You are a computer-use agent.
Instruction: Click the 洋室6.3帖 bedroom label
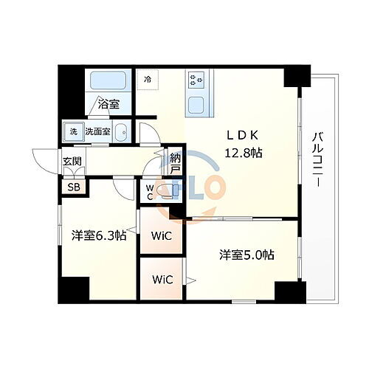click(x=98, y=235)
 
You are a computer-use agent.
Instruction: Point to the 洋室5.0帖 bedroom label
click(x=246, y=255)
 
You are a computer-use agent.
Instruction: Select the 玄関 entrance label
click(x=72, y=162)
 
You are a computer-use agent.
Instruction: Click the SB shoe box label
click(x=75, y=187)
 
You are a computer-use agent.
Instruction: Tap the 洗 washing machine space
click(x=73, y=132)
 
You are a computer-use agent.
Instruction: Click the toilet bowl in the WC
click(x=166, y=191)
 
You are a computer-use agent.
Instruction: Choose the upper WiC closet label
click(x=162, y=235)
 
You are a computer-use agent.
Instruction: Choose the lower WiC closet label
click(x=162, y=279)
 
